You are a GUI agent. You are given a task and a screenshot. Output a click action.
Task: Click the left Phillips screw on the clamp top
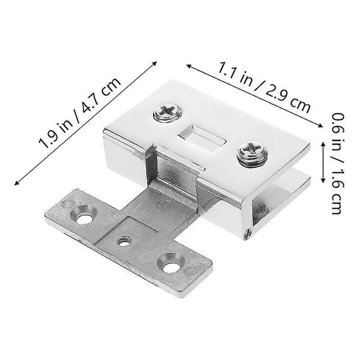(x=167, y=113)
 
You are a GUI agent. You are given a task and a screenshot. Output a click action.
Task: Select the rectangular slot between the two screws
(x=203, y=139)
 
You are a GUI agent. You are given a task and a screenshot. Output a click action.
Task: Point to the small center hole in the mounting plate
(x=124, y=241)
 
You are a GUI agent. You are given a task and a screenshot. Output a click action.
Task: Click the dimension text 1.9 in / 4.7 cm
(x=80, y=113)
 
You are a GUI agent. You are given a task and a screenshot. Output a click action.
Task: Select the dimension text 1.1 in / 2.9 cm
(x=264, y=88)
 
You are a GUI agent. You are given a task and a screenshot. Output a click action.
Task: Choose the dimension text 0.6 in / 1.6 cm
(x=338, y=163)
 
